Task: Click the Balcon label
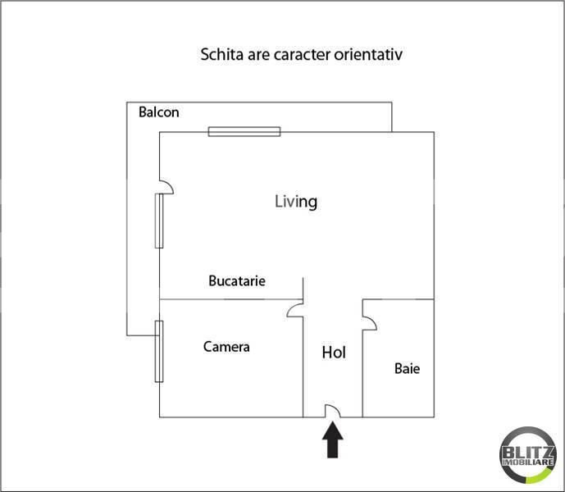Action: click(159, 112)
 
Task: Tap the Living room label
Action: click(296, 202)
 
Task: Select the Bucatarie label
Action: click(237, 280)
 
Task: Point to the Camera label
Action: click(226, 347)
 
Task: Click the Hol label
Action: click(334, 353)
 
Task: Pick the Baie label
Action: click(408, 369)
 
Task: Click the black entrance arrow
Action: click(333, 440)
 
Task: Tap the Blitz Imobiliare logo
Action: click(528, 454)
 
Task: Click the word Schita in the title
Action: click(222, 54)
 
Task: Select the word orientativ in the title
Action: click(368, 54)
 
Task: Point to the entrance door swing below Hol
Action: click(333, 410)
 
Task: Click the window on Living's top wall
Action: click(244, 131)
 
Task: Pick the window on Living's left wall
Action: click(159, 221)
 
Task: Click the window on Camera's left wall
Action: click(159, 352)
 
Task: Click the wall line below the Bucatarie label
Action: click(231, 299)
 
